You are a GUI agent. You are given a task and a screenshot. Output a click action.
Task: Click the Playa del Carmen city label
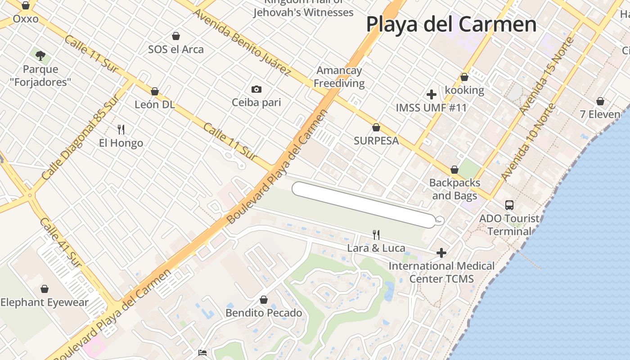tap(451, 24)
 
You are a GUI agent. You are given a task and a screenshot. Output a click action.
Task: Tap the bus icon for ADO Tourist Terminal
tap(509, 205)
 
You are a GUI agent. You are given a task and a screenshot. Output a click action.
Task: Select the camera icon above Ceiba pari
tap(256, 89)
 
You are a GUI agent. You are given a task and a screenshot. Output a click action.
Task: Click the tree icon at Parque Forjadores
tap(40, 56)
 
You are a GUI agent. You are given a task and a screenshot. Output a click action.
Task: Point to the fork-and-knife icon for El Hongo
tap(121, 130)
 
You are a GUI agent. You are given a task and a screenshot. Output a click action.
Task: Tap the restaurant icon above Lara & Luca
tap(376, 234)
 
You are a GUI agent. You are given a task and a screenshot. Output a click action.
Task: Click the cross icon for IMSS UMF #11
tap(431, 94)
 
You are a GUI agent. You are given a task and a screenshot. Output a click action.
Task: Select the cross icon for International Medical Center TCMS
tap(441, 253)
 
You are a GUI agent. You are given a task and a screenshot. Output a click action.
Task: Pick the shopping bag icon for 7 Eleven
tap(600, 101)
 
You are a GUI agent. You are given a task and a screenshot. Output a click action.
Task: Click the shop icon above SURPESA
tap(376, 128)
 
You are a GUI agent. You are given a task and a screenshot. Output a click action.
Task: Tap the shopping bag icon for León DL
tap(155, 92)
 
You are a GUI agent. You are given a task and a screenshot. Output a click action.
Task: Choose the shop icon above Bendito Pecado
tap(264, 300)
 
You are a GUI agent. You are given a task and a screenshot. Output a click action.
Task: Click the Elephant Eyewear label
tap(44, 302)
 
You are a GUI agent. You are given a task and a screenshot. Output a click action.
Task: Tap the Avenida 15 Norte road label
tap(546, 76)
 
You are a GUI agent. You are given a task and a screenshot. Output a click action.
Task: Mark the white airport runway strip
tap(364, 205)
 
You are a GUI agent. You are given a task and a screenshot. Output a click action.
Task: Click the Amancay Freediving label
tap(339, 77)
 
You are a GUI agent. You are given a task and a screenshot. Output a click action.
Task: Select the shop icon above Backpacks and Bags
tap(454, 170)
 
